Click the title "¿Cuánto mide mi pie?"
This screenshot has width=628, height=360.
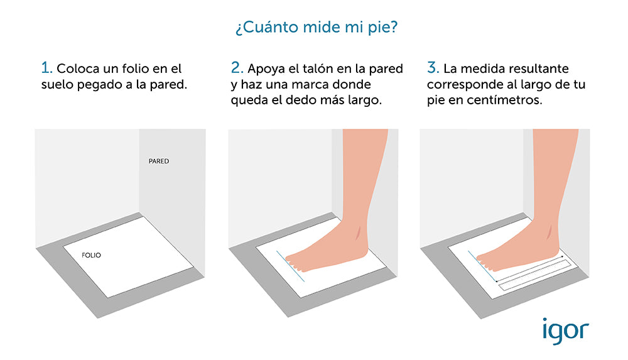(x=317, y=28)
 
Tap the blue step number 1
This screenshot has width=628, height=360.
(x=46, y=67)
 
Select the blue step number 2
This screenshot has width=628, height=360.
(x=237, y=67)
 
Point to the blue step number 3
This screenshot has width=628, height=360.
(x=433, y=67)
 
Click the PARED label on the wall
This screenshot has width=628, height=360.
(x=159, y=161)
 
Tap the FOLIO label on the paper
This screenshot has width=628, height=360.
(x=91, y=255)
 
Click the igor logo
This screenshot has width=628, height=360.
(x=566, y=331)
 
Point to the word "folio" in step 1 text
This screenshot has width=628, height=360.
(x=134, y=68)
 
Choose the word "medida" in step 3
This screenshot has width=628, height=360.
(x=476, y=68)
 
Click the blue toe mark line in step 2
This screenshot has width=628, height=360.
(x=290, y=266)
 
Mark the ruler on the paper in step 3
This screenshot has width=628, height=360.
(x=534, y=275)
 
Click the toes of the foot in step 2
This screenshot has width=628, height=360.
(x=295, y=263)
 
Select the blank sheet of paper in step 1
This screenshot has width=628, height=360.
(x=129, y=257)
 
